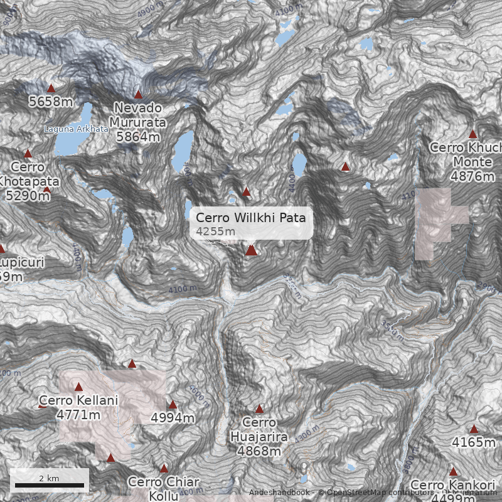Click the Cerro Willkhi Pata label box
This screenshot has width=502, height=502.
pos(251,223)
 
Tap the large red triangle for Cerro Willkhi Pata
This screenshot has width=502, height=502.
pos(251,250)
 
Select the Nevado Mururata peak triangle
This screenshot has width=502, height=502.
pos(138,95)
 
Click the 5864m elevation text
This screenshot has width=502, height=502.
pos(138,136)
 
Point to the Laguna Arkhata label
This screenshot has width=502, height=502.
pos(76,129)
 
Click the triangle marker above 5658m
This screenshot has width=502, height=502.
pos(51,88)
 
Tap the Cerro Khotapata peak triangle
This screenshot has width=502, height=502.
pos(28,154)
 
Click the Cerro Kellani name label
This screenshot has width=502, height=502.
pos(78,400)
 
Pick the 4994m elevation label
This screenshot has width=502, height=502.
pos(173,418)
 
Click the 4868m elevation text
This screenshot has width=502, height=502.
pos(259,451)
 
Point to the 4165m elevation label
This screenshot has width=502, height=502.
pos(474,442)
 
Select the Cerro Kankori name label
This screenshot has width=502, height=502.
pos(453,485)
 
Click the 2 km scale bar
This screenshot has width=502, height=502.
pos(50,484)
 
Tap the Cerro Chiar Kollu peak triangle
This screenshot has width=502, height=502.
pos(164,469)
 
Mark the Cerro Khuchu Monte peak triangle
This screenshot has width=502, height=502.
pos(473,134)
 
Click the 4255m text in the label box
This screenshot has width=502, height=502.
pos(215,232)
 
